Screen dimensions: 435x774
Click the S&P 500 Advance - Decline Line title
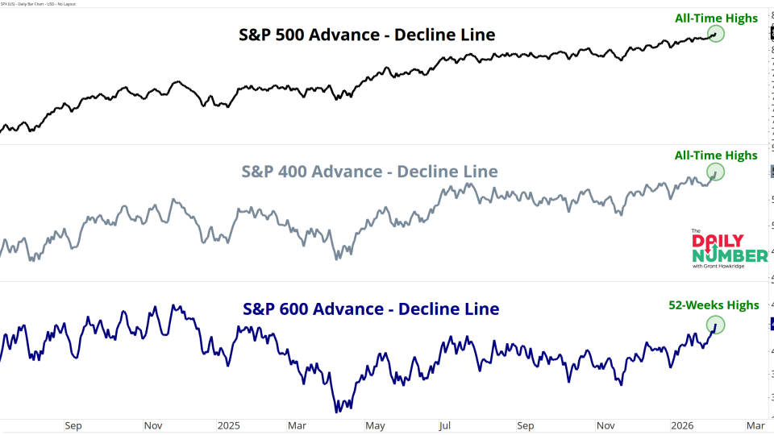(x=367, y=35)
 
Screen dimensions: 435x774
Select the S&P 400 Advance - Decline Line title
(x=369, y=172)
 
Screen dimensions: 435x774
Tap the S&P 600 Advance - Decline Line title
(x=371, y=309)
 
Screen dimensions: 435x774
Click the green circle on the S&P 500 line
(x=716, y=34)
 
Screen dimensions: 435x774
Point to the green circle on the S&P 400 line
(x=715, y=172)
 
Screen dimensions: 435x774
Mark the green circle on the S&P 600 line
(x=715, y=325)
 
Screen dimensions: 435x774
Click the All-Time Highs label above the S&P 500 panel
(x=717, y=18)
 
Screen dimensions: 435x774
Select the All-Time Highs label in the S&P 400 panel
(x=717, y=155)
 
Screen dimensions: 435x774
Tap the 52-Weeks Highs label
(x=714, y=304)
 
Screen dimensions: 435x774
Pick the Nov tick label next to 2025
(x=154, y=425)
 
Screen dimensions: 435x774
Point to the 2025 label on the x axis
(x=229, y=425)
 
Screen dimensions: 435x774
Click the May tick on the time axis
(x=374, y=425)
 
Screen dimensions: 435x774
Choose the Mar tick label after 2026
(x=754, y=425)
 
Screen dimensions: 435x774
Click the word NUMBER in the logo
(x=730, y=255)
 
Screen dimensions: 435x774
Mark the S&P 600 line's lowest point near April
(x=337, y=412)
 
